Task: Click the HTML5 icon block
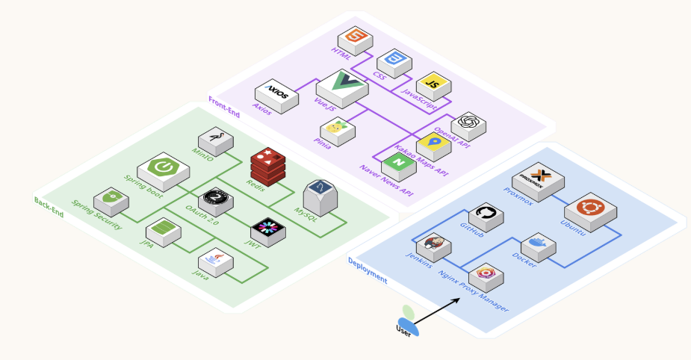click(356, 40)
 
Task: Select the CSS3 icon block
click(391, 62)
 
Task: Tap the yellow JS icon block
click(431, 84)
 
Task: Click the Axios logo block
click(276, 96)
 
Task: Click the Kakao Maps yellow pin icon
click(433, 144)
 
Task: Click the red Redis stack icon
click(267, 164)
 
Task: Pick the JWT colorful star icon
click(267, 230)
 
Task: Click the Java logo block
click(215, 261)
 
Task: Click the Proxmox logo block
click(537, 181)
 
